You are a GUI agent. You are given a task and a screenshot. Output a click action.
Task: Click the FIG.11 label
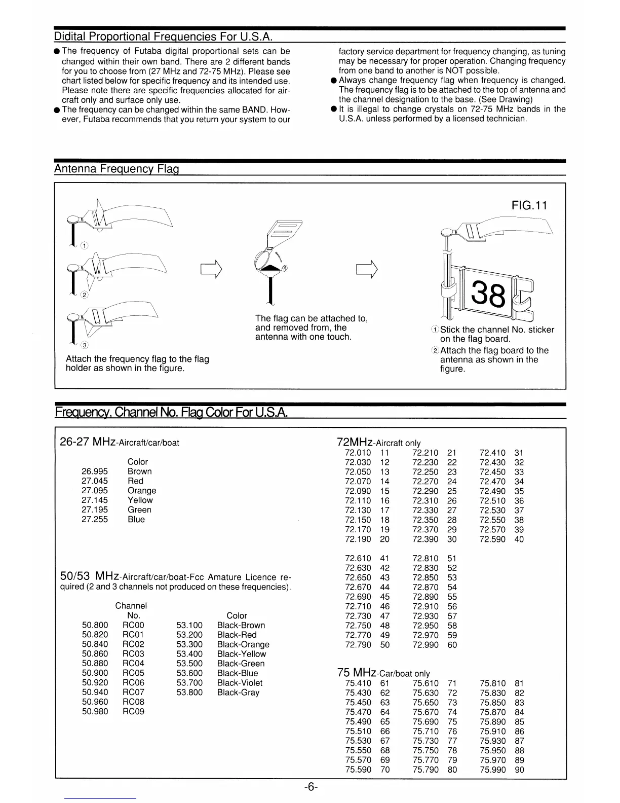click(x=530, y=205)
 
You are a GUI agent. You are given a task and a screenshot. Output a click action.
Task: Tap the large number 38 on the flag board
click(x=488, y=294)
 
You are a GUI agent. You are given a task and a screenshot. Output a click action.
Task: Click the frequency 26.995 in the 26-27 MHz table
click(x=95, y=471)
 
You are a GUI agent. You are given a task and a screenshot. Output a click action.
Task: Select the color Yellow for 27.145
click(x=140, y=500)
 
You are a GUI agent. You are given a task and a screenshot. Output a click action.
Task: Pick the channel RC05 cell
click(x=133, y=673)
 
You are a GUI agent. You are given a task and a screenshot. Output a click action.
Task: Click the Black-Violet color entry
click(x=240, y=683)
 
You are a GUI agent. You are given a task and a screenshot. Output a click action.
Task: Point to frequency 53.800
click(x=189, y=692)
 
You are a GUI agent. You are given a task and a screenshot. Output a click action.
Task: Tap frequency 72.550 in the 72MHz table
click(x=492, y=520)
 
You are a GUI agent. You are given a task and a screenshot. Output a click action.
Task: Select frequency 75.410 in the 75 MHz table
click(x=358, y=683)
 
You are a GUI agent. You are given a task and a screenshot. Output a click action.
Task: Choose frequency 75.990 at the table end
click(x=492, y=770)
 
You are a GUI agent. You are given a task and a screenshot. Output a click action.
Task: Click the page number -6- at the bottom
click(x=311, y=787)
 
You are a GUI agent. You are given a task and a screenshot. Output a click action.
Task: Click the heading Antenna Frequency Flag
click(x=117, y=169)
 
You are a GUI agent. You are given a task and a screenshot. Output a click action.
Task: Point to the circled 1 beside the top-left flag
click(x=85, y=246)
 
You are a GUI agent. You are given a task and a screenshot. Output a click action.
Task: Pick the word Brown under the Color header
click(x=140, y=471)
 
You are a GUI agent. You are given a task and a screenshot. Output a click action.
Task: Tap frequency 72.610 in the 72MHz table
click(x=358, y=559)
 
